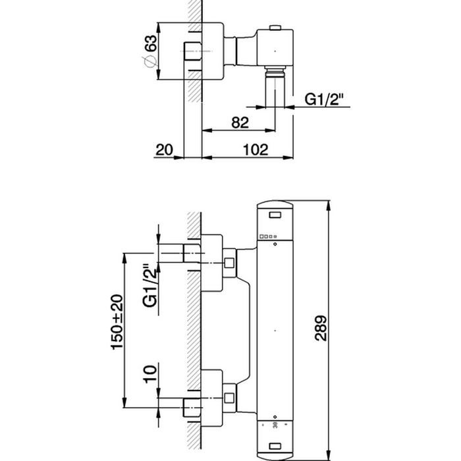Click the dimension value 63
click(150, 43)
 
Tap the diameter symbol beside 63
click(149, 61)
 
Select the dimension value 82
click(240, 122)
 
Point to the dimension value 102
click(256, 149)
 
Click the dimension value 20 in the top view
click(164, 150)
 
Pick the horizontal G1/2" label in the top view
click(324, 99)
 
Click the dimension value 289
click(321, 328)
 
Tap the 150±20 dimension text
click(117, 322)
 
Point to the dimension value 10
click(150, 374)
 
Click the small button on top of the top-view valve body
click(275, 28)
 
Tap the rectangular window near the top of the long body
click(275, 215)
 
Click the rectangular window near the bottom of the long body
click(275, 447)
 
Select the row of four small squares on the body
click(268, 236)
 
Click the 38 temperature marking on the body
click(275, 425)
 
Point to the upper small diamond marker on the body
click(275, 244)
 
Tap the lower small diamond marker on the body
click(275, 417)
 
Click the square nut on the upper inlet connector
click(229, 263)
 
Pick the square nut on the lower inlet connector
click(229, 398)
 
